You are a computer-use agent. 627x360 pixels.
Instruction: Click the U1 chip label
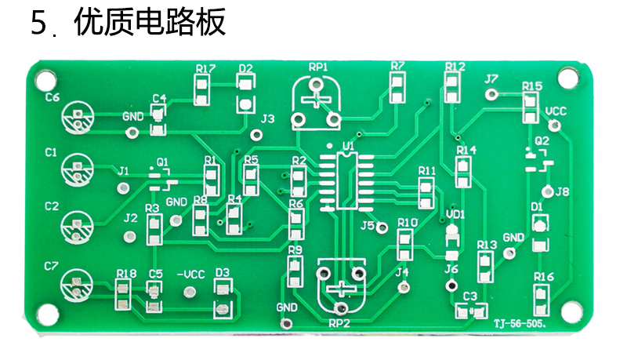(348, 146)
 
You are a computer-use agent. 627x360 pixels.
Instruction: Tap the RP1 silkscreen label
(318, 67)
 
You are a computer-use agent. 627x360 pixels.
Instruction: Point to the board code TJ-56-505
(520, 324)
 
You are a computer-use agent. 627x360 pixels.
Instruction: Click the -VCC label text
(190, 275)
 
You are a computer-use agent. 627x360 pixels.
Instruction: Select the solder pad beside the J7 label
(491, 94)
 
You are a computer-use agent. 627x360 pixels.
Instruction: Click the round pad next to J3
(256, 135)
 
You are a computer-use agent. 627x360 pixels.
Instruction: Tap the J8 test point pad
(547, 191)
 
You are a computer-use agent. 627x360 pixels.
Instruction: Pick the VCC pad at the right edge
(554, 126)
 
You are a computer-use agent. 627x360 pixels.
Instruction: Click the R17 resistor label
(205, 69)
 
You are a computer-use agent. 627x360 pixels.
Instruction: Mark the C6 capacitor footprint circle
(78, 117)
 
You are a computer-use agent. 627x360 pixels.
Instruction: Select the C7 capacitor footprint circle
(76, 285)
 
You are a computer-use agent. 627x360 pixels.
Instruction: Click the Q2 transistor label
(542, 141)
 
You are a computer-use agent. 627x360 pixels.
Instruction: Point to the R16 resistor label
(544, 276)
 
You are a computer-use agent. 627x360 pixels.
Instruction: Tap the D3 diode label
(223, 273)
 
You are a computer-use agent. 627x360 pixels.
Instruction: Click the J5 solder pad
(382, 227)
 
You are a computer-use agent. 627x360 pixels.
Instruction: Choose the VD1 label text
(455, 214)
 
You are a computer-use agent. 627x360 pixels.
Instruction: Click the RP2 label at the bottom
(339, 323)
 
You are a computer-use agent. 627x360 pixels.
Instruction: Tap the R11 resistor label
(427, 171)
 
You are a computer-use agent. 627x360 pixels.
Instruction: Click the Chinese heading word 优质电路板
(150, 23)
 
